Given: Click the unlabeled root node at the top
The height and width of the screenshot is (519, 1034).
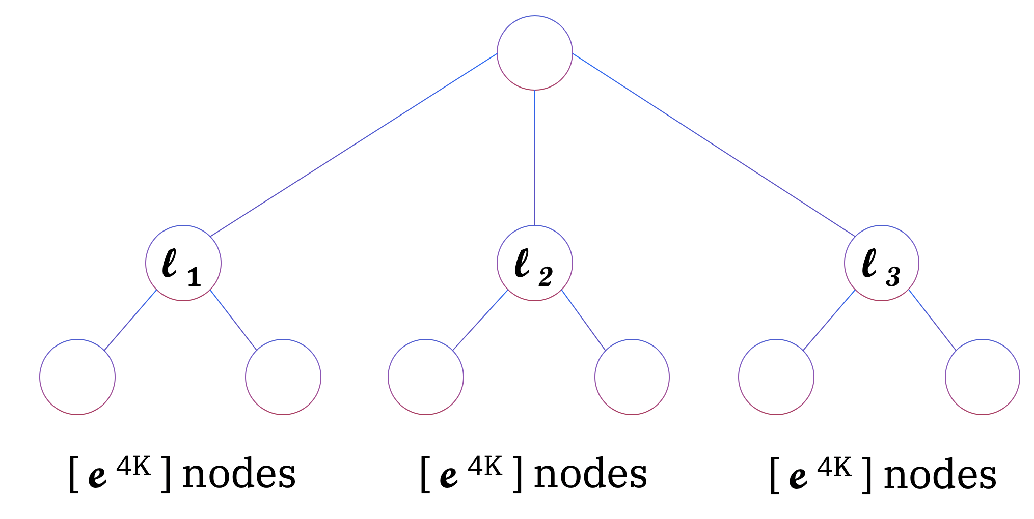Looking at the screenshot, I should pos(534,53).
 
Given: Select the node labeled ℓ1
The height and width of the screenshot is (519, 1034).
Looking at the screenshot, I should pos(183,263).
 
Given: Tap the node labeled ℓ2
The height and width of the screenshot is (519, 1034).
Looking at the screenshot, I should pos(534,263).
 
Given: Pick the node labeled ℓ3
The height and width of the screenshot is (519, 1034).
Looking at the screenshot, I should pos(881,263).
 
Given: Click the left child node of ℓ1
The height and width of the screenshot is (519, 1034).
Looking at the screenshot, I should pos(77,377).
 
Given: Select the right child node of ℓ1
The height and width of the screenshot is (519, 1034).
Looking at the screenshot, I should pos(283,377).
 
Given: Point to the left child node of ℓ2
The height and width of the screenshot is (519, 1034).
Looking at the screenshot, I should pos(426,377).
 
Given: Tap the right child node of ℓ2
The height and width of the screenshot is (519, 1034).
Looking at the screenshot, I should pos(632,377).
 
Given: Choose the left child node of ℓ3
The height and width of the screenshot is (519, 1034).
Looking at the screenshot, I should pos(776,377).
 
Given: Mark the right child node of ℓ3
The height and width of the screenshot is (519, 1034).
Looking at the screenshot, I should pos(982,377).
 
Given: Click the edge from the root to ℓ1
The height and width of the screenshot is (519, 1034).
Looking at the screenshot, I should pos(353,145).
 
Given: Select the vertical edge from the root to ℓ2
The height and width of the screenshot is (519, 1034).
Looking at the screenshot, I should pos(534,158).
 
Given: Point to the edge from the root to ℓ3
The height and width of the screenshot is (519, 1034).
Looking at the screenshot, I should pos(714,145).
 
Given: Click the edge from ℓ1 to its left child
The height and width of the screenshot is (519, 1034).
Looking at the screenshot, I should pos(130,320).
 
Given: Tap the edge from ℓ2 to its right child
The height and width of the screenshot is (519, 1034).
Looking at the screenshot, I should pos(584,320).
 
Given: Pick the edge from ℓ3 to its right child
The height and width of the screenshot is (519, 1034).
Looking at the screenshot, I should pos(932,320).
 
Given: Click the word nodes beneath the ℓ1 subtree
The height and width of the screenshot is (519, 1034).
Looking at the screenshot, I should pos(239,475).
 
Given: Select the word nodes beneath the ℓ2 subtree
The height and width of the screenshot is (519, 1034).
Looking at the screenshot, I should pos(590,475).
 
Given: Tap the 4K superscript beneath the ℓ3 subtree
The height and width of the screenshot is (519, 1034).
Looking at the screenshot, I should pos(834,467).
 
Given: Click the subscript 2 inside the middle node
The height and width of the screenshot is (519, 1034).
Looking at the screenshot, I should pos(546,277).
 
